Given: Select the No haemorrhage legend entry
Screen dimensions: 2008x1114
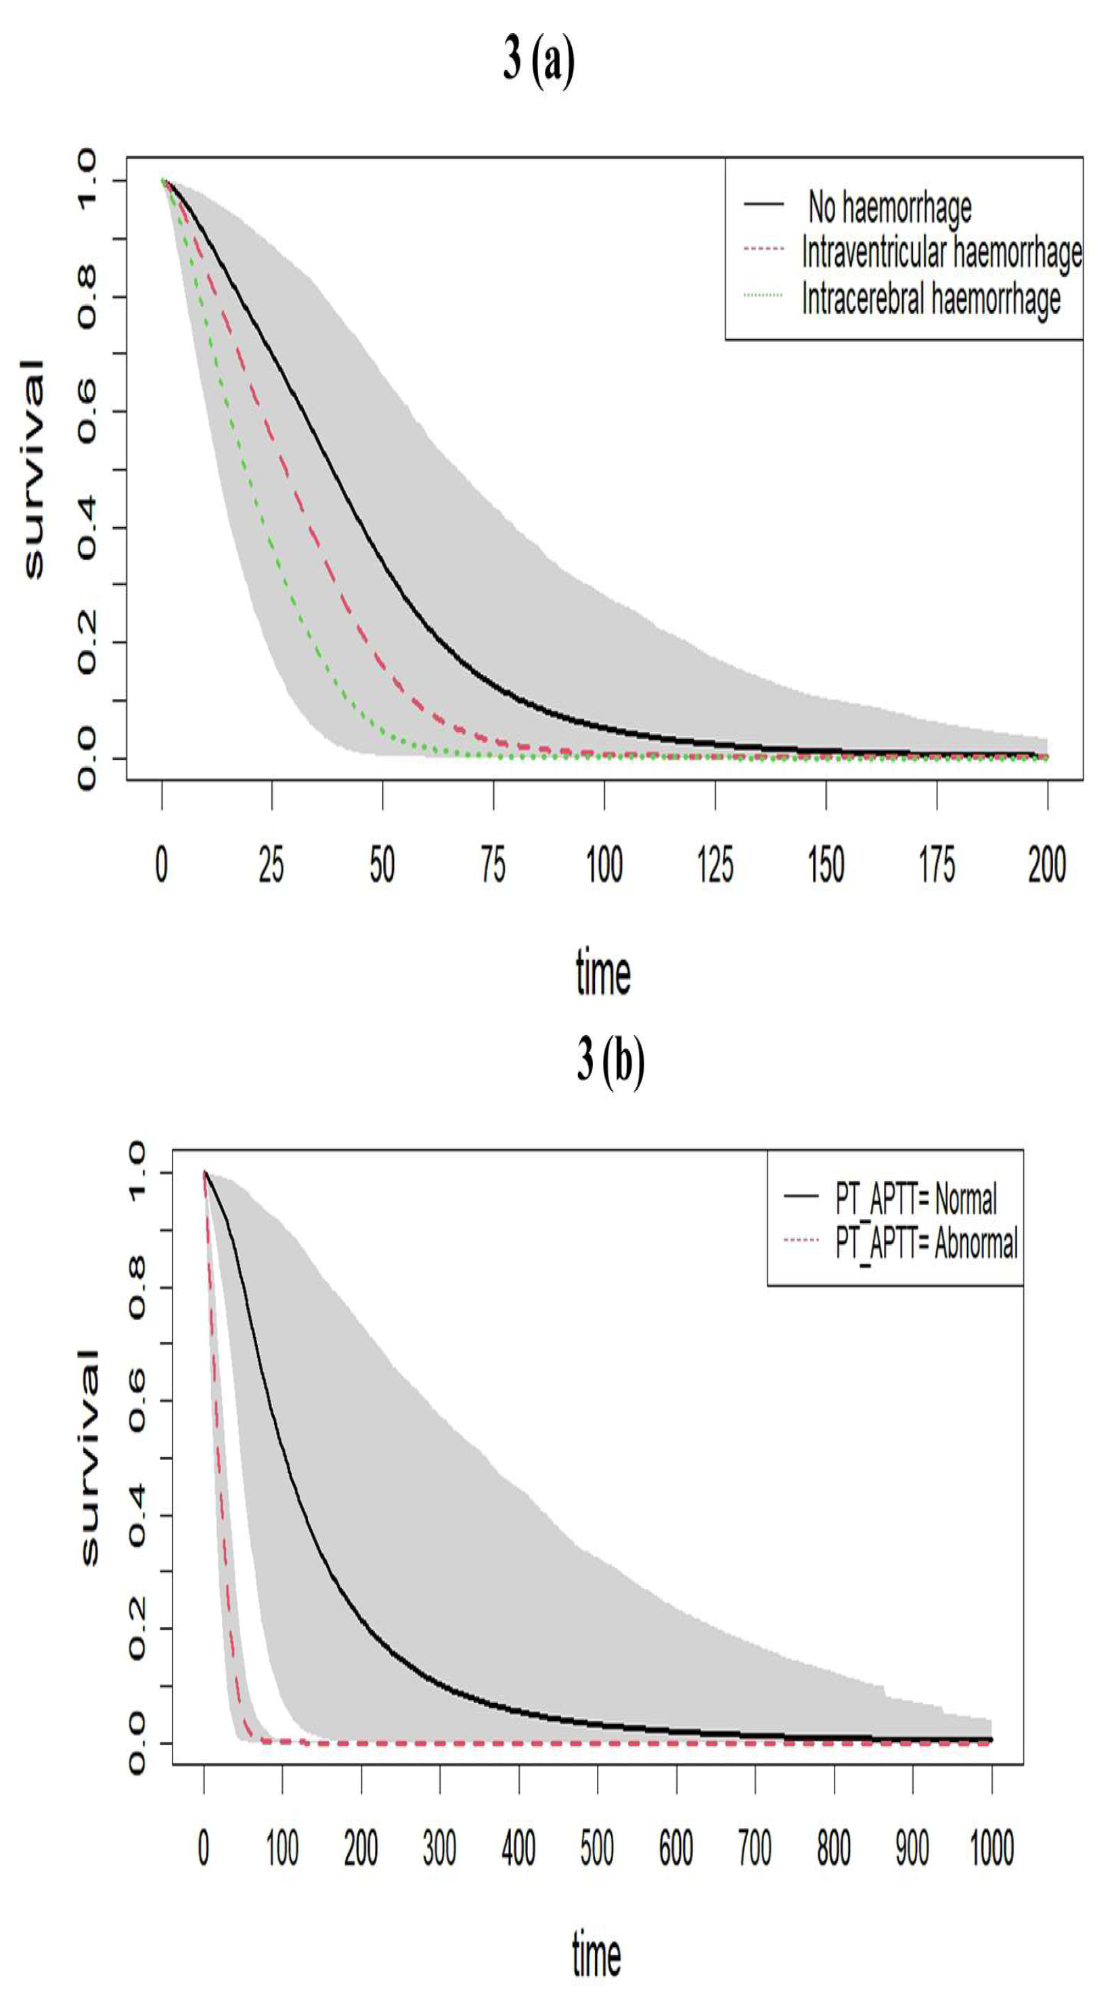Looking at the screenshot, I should coord(889,206).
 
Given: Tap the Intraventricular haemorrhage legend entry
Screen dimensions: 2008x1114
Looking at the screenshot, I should coord(941,252).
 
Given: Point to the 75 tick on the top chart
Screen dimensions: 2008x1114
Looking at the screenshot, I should coord(493,865).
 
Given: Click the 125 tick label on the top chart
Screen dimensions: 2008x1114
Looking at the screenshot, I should coord(715,865).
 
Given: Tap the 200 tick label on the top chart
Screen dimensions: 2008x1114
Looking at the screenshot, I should coord(1047,865).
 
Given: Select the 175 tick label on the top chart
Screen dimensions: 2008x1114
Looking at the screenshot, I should coord(936,865).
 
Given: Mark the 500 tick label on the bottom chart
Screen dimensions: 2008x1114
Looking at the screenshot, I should coord(597,1847).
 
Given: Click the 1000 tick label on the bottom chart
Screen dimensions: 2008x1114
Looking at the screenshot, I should coord(992,1847).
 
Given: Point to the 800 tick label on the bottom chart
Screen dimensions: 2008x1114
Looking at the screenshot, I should coord(833,1847).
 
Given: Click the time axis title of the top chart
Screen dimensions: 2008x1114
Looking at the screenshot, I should coord(602,973).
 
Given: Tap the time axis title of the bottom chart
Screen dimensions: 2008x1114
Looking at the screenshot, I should coord(596,1954).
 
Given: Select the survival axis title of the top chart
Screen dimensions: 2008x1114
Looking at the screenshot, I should coord(34,470).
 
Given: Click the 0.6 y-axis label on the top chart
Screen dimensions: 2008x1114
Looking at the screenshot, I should coord(86,411).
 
